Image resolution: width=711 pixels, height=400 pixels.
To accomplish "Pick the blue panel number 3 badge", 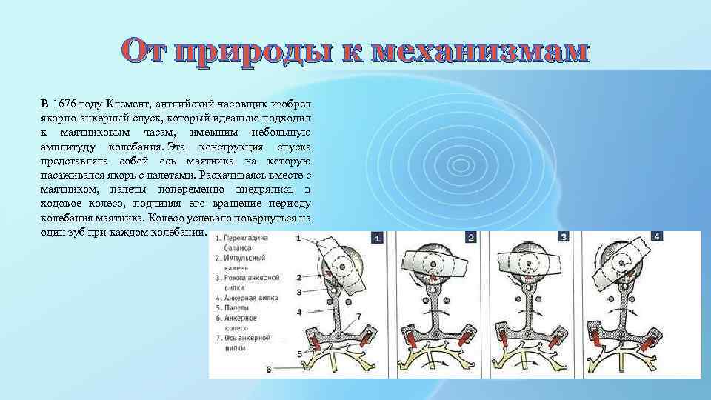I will coord(564,238).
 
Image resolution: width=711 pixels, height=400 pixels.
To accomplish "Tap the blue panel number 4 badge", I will coord(656,237).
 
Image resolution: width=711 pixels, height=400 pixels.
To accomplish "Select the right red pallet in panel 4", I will coord(650,341).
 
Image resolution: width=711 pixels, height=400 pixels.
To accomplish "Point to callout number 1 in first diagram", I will coord(297,239).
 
